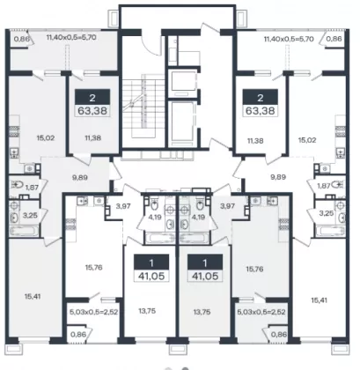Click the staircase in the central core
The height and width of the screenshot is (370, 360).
pos(143,106)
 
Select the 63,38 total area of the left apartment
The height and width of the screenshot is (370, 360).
pos(92,111)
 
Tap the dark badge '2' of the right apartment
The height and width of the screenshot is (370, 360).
pos(261,97)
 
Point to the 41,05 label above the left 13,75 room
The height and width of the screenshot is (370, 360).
pos(151,276)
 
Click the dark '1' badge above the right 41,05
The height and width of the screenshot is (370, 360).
pos(205,263)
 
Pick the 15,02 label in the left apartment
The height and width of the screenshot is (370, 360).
pos(45,137)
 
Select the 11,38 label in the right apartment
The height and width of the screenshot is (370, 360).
pos(255,141)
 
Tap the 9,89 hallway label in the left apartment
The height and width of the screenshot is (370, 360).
pos(80,177)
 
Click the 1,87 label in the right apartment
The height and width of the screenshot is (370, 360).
pos(324,186)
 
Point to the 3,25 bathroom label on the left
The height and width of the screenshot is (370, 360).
pos(30,216)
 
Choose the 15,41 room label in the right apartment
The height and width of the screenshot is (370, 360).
pos(319,300)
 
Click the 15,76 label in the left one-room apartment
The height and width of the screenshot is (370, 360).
pos(93,268)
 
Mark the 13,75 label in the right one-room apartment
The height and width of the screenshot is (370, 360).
pos(202,312)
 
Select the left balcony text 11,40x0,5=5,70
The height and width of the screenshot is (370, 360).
pos(71,37)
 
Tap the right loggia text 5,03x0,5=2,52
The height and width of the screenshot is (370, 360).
pos(261,312)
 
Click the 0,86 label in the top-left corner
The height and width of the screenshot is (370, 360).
pos(21,39)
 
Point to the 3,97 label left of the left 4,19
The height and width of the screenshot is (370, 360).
pos(123,206)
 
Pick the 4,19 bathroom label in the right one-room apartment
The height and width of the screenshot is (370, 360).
pos(198,218)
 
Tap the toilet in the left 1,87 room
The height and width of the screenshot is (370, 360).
pos(17,185)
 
